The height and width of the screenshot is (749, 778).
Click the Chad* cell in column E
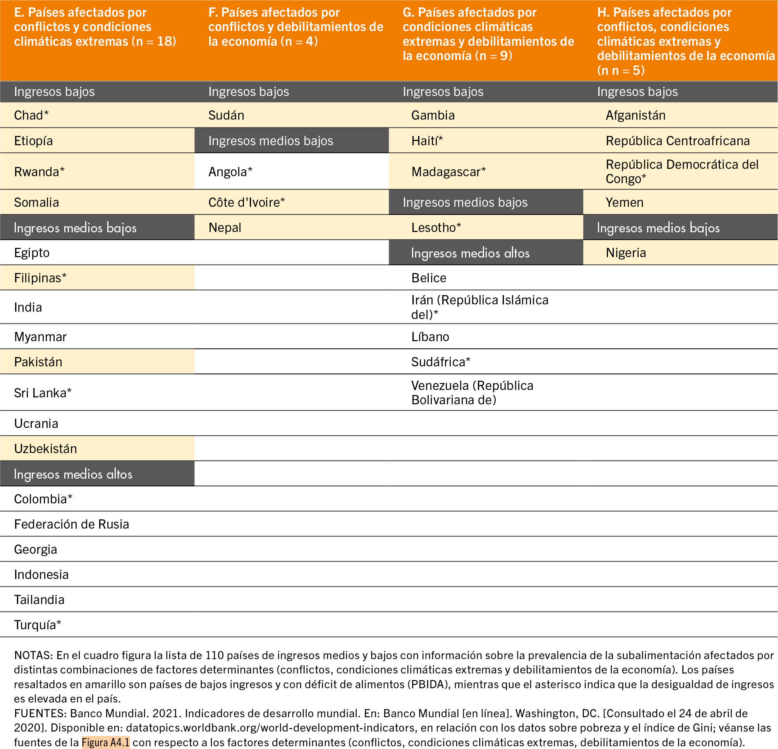point(31,115)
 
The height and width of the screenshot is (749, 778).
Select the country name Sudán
point(226,115)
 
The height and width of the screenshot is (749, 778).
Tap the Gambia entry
point(433,115)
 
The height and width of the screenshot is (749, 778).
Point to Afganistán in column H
point(635,115)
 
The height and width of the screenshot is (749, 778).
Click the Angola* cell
point(230,172)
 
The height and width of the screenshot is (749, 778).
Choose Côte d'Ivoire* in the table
point(247,203)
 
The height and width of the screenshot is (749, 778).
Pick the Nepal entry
point(225,227)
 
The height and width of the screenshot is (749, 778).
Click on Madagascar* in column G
point(448,172)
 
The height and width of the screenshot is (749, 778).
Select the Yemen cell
point(624,203)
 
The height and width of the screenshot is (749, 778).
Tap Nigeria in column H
point(625,253)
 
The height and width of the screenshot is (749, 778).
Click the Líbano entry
point(430,337)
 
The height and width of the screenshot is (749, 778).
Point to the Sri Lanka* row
point(43,393)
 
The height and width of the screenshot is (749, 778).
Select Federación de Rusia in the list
point(71,524)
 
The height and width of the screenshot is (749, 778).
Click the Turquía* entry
point(37,624)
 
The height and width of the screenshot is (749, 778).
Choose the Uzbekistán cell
point(45,448)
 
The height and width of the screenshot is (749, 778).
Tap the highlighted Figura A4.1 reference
point(106,742)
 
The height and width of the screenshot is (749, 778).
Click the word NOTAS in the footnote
point(33,655)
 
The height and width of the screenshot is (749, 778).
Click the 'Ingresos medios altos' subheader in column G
point(470,253)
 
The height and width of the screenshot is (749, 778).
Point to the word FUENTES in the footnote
point(40,713)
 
